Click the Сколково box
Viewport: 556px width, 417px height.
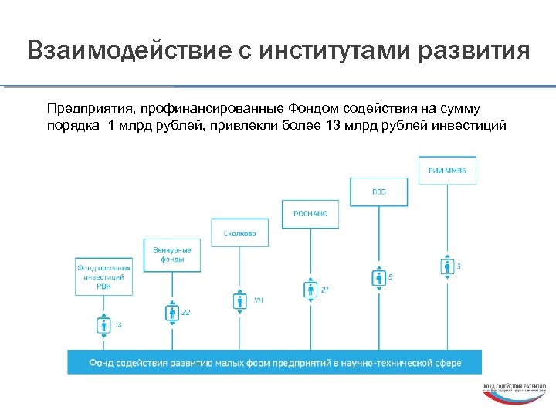point(240,232)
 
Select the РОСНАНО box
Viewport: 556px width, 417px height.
point(310,213)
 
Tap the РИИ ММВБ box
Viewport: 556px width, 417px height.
point(447,171)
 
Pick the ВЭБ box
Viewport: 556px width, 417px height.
point(378,192)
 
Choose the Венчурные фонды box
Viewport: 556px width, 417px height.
point(172,254)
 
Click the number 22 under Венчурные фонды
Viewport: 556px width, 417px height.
point(186,312)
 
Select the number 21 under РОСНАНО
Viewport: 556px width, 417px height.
point(325,290)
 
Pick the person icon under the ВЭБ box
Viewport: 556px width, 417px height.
point(378,276)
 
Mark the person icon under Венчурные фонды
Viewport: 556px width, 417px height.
point(172,312)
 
